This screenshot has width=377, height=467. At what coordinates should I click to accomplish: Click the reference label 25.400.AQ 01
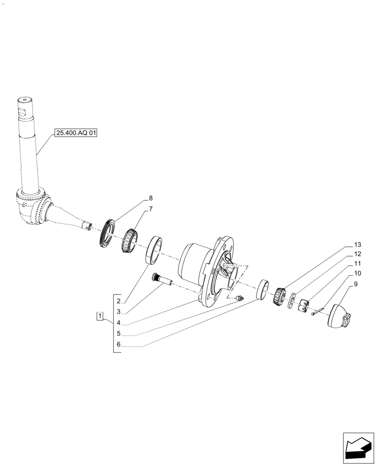(76, 133)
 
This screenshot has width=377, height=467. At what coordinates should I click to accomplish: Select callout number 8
(151, 198)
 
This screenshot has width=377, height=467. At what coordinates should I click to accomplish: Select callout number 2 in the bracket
(119, 301)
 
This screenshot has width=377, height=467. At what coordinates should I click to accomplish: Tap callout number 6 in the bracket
(119, 345)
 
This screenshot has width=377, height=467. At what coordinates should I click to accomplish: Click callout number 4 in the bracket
(119, 323)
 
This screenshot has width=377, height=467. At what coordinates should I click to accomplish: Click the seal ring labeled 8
(108, 231)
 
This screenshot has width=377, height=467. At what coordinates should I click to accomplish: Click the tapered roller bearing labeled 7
(129, 240)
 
